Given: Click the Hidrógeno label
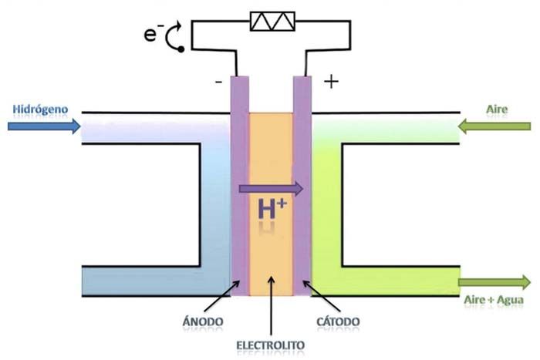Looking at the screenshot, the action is click(x=40, y=109).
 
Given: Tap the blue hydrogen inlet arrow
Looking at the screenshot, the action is click(x=44, y=126).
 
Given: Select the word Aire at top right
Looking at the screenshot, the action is click(x=497, y=109).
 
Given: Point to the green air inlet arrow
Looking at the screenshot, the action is click(x=494, y=126).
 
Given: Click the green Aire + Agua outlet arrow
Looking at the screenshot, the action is click(x=494, y=282).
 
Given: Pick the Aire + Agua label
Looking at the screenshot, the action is click(x=494, y=300).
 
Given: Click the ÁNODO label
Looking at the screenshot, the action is click(x=203, y=321).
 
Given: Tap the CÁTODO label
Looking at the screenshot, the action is click(x=338, y=321).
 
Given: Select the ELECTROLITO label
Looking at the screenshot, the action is click(x=271, y=345).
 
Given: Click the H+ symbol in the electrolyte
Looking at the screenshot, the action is click(x=272, y=208).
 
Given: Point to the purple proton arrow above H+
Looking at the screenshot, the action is click(x=271, y=189).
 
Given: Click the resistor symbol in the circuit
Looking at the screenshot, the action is click(x=272, y=22).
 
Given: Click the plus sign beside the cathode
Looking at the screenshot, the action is click(x=331, y=82).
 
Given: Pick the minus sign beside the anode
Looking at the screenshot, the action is click(x=218, y=82).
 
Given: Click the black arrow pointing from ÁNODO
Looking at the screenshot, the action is click(x=222, y=296).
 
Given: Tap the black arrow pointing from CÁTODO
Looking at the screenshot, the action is click(x=322, y=296).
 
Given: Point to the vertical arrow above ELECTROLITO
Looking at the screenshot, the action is click(x=271, y=305).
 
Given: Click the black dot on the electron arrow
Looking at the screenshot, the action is click(x=181, y=49).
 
